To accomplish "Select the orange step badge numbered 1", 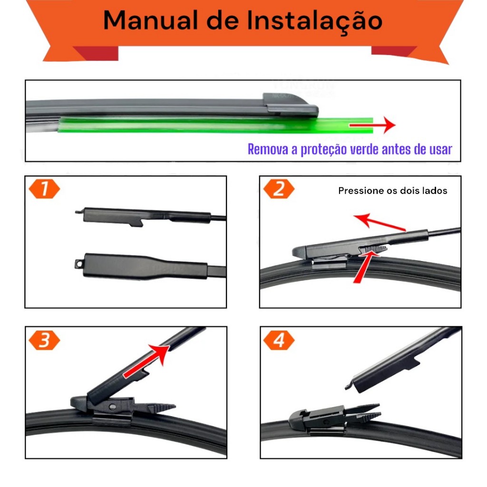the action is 44,189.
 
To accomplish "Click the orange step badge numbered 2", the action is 279,189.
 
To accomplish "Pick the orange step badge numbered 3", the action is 44,340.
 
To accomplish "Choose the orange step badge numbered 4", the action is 279,340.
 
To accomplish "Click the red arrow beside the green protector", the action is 372,125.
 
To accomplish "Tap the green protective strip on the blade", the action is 215,125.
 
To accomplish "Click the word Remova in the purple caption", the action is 268,149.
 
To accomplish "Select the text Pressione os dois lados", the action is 392,191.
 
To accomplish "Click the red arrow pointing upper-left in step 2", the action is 380,222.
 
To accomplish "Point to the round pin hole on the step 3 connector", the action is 113,407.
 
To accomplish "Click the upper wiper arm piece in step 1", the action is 151,216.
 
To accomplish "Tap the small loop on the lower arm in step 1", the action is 78,263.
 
